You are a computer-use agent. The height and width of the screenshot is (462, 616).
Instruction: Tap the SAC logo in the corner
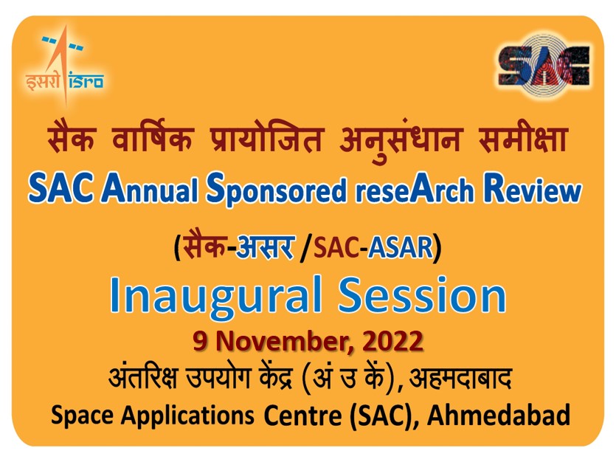pyautogui.click(x=544, y=66)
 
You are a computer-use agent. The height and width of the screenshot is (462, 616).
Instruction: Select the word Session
pyautogui.click(x=423, y=295)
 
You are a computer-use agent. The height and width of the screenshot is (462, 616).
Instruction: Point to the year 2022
pyautogui.click(x=392, y=341)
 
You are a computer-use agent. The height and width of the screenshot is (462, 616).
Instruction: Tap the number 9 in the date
pyautogui.click(x=200, y=340)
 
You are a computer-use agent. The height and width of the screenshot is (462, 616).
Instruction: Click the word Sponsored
pyautogui.click(x=276, y=190)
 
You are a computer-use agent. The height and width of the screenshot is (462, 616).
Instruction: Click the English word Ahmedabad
pyautogui.click(x=499, y=415)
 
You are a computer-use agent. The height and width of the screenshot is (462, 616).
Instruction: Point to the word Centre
pyautogui.click(x=302, y=415)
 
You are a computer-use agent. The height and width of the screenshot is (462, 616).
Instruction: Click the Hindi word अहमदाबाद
pyautogui.click(x=460, y=378)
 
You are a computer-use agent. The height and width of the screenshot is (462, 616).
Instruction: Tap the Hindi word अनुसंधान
pyautogui.click(x=400, y=139)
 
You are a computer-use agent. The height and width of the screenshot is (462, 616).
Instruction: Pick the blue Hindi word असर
pyautogui.click(x=265, y=247)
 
